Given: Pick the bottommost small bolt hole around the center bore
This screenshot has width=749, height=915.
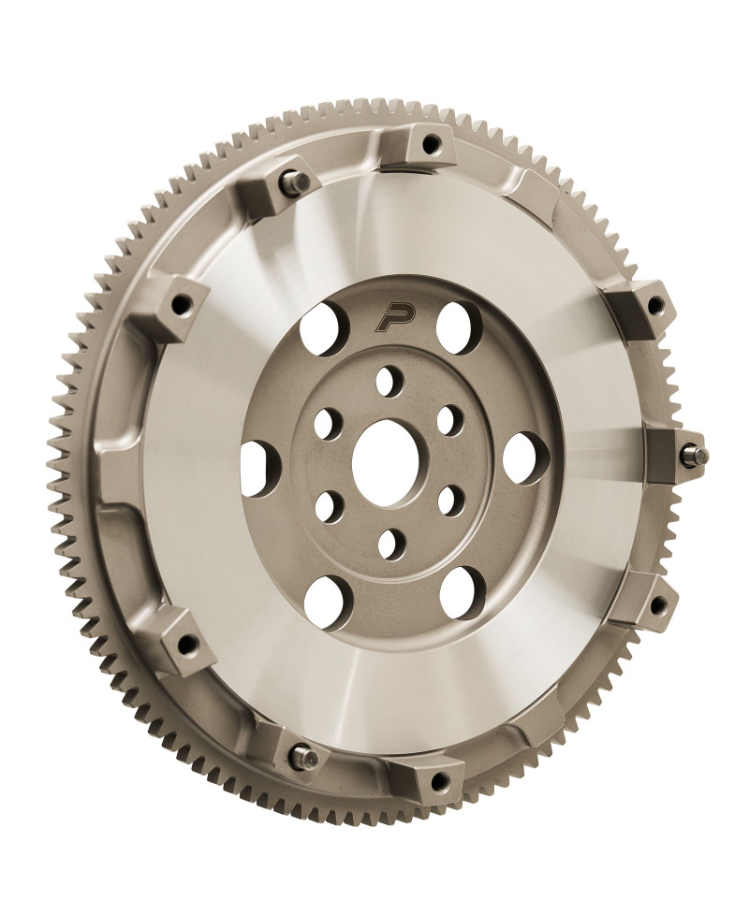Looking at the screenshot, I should tap(391, 543).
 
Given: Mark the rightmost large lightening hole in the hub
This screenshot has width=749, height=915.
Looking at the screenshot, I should tap(519, 456).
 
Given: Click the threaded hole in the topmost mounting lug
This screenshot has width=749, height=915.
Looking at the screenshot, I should tap(432, 145).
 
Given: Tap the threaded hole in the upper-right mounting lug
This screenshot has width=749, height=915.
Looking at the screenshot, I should tap(654, 304).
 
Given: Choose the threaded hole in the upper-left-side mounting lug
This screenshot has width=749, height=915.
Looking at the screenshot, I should tap(180, 304).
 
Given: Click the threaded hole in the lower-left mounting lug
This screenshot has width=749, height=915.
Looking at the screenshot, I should tap(187, 642).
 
